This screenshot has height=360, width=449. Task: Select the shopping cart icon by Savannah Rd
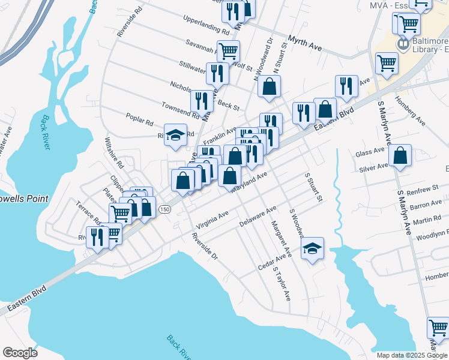[228, 52]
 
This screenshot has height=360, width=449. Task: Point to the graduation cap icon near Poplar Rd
[176, 135]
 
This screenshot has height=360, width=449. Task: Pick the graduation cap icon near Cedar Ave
[312, 248]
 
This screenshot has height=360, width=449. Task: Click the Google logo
[20, 353]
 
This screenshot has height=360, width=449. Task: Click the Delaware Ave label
[257, 217]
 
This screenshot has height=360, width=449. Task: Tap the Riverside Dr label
[204, 246]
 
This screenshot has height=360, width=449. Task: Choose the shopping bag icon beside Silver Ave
[400, 156]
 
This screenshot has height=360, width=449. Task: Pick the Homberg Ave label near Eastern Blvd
[411, 112]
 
